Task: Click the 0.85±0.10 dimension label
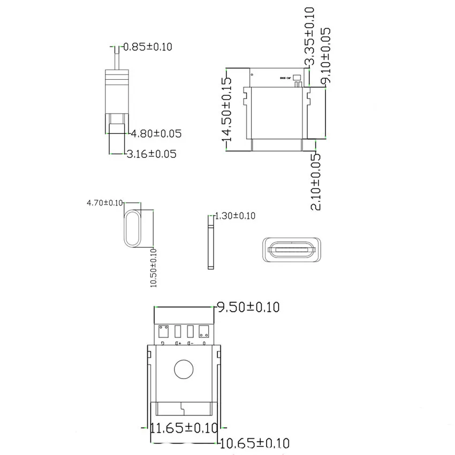tap(148, 47)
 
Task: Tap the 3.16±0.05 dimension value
tap(151, 154)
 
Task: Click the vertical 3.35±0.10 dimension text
tap(309, 36)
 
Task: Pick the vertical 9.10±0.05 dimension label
tap(325, 56)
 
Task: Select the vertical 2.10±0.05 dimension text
tap(316, 182)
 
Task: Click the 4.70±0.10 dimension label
tap(105, 203)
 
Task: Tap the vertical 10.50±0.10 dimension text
tap(154, 267)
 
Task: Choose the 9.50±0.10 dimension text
tap(247, 307)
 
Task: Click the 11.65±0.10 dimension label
tap(184, 428)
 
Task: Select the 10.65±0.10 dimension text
tap(255, 443)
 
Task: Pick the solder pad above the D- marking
tap(191, 330)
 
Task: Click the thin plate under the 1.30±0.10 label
tap(210, 247)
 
